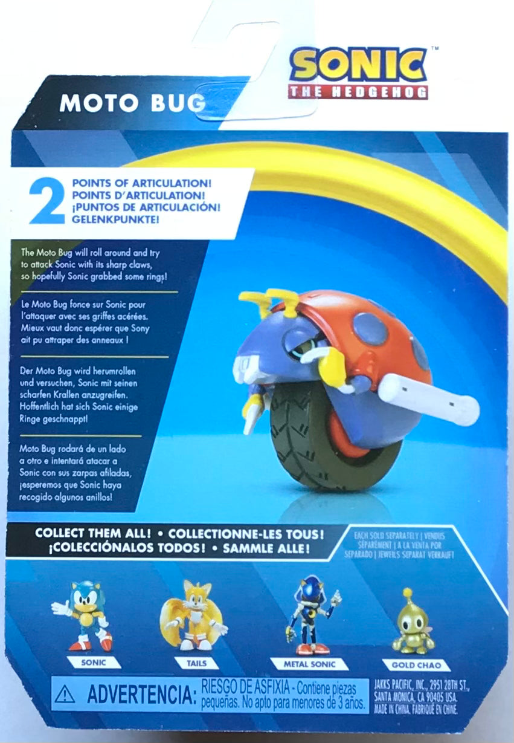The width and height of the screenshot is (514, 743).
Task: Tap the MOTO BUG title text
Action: [132, 103]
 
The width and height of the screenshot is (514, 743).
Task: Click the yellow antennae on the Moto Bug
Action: [269, 300]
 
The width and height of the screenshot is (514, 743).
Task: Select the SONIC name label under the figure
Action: [93, 663]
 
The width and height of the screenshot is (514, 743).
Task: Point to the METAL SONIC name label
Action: [309, 664]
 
